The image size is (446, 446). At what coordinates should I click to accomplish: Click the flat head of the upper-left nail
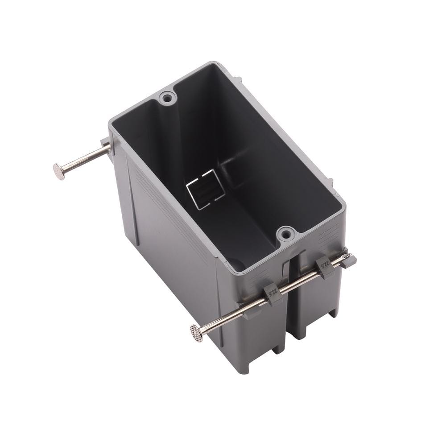[x=59, y=171]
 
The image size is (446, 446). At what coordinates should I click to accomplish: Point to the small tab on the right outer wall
[x=330, y=182]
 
